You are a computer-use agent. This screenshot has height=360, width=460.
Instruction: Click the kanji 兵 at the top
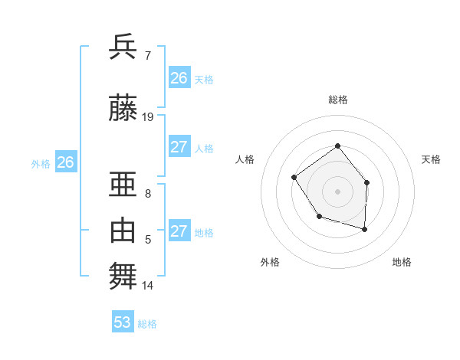tap(123, 47)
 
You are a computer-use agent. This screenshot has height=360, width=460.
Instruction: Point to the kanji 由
tap(123, 230)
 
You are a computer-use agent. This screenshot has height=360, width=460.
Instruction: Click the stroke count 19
tap(148, 117)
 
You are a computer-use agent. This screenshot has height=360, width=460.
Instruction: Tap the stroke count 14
tap(148, 286)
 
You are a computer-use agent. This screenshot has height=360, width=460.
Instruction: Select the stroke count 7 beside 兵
tap(147, 56)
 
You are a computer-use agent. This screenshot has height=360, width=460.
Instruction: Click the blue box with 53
tap(122, 322)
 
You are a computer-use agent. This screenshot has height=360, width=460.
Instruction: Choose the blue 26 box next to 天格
tap(179, 78)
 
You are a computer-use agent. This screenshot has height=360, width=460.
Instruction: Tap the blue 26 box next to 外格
tap(65, 162)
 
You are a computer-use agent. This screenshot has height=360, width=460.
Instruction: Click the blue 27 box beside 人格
tap(179, 147)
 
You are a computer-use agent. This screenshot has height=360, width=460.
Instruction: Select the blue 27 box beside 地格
tap(179, 231)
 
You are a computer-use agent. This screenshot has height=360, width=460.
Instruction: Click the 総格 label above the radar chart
tap(337, 100)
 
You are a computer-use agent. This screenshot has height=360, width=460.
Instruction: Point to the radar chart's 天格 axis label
tap(431, 159)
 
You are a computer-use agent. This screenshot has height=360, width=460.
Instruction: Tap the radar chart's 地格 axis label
tap(402, 262)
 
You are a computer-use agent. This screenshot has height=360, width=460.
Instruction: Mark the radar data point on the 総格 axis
tap(337, 146)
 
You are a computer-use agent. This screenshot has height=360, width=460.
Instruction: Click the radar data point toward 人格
tap(294, 178)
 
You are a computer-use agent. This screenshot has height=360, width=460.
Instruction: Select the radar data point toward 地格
tap(364, 229)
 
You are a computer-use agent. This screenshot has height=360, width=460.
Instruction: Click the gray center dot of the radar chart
tap(337, 191)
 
